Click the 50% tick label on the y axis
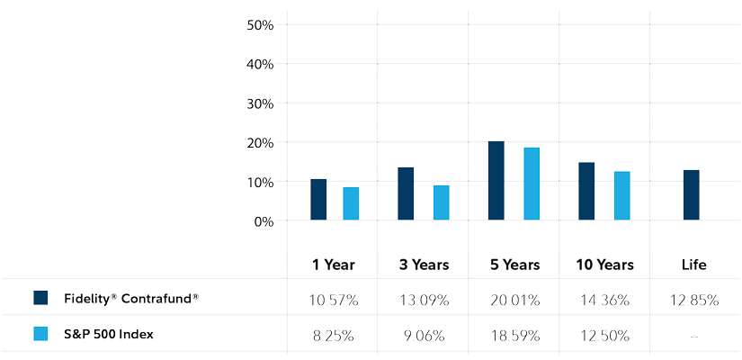(260, 24)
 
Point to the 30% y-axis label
(260, 103)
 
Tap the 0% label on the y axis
(264, 221)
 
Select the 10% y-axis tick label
(260, 182)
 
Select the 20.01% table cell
(514, 301)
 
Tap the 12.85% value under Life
(693, 301)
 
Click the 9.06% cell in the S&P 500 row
(423, 335)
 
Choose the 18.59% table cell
(514, 335)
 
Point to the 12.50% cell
(603, 335)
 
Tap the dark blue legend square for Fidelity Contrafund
(40, 298)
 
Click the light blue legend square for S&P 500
(40, 334)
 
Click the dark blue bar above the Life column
(692, 195)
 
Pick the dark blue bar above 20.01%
(496, 181)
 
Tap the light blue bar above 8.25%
(351, 203)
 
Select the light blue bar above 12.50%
(621, 195)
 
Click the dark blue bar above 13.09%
(406, 193)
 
